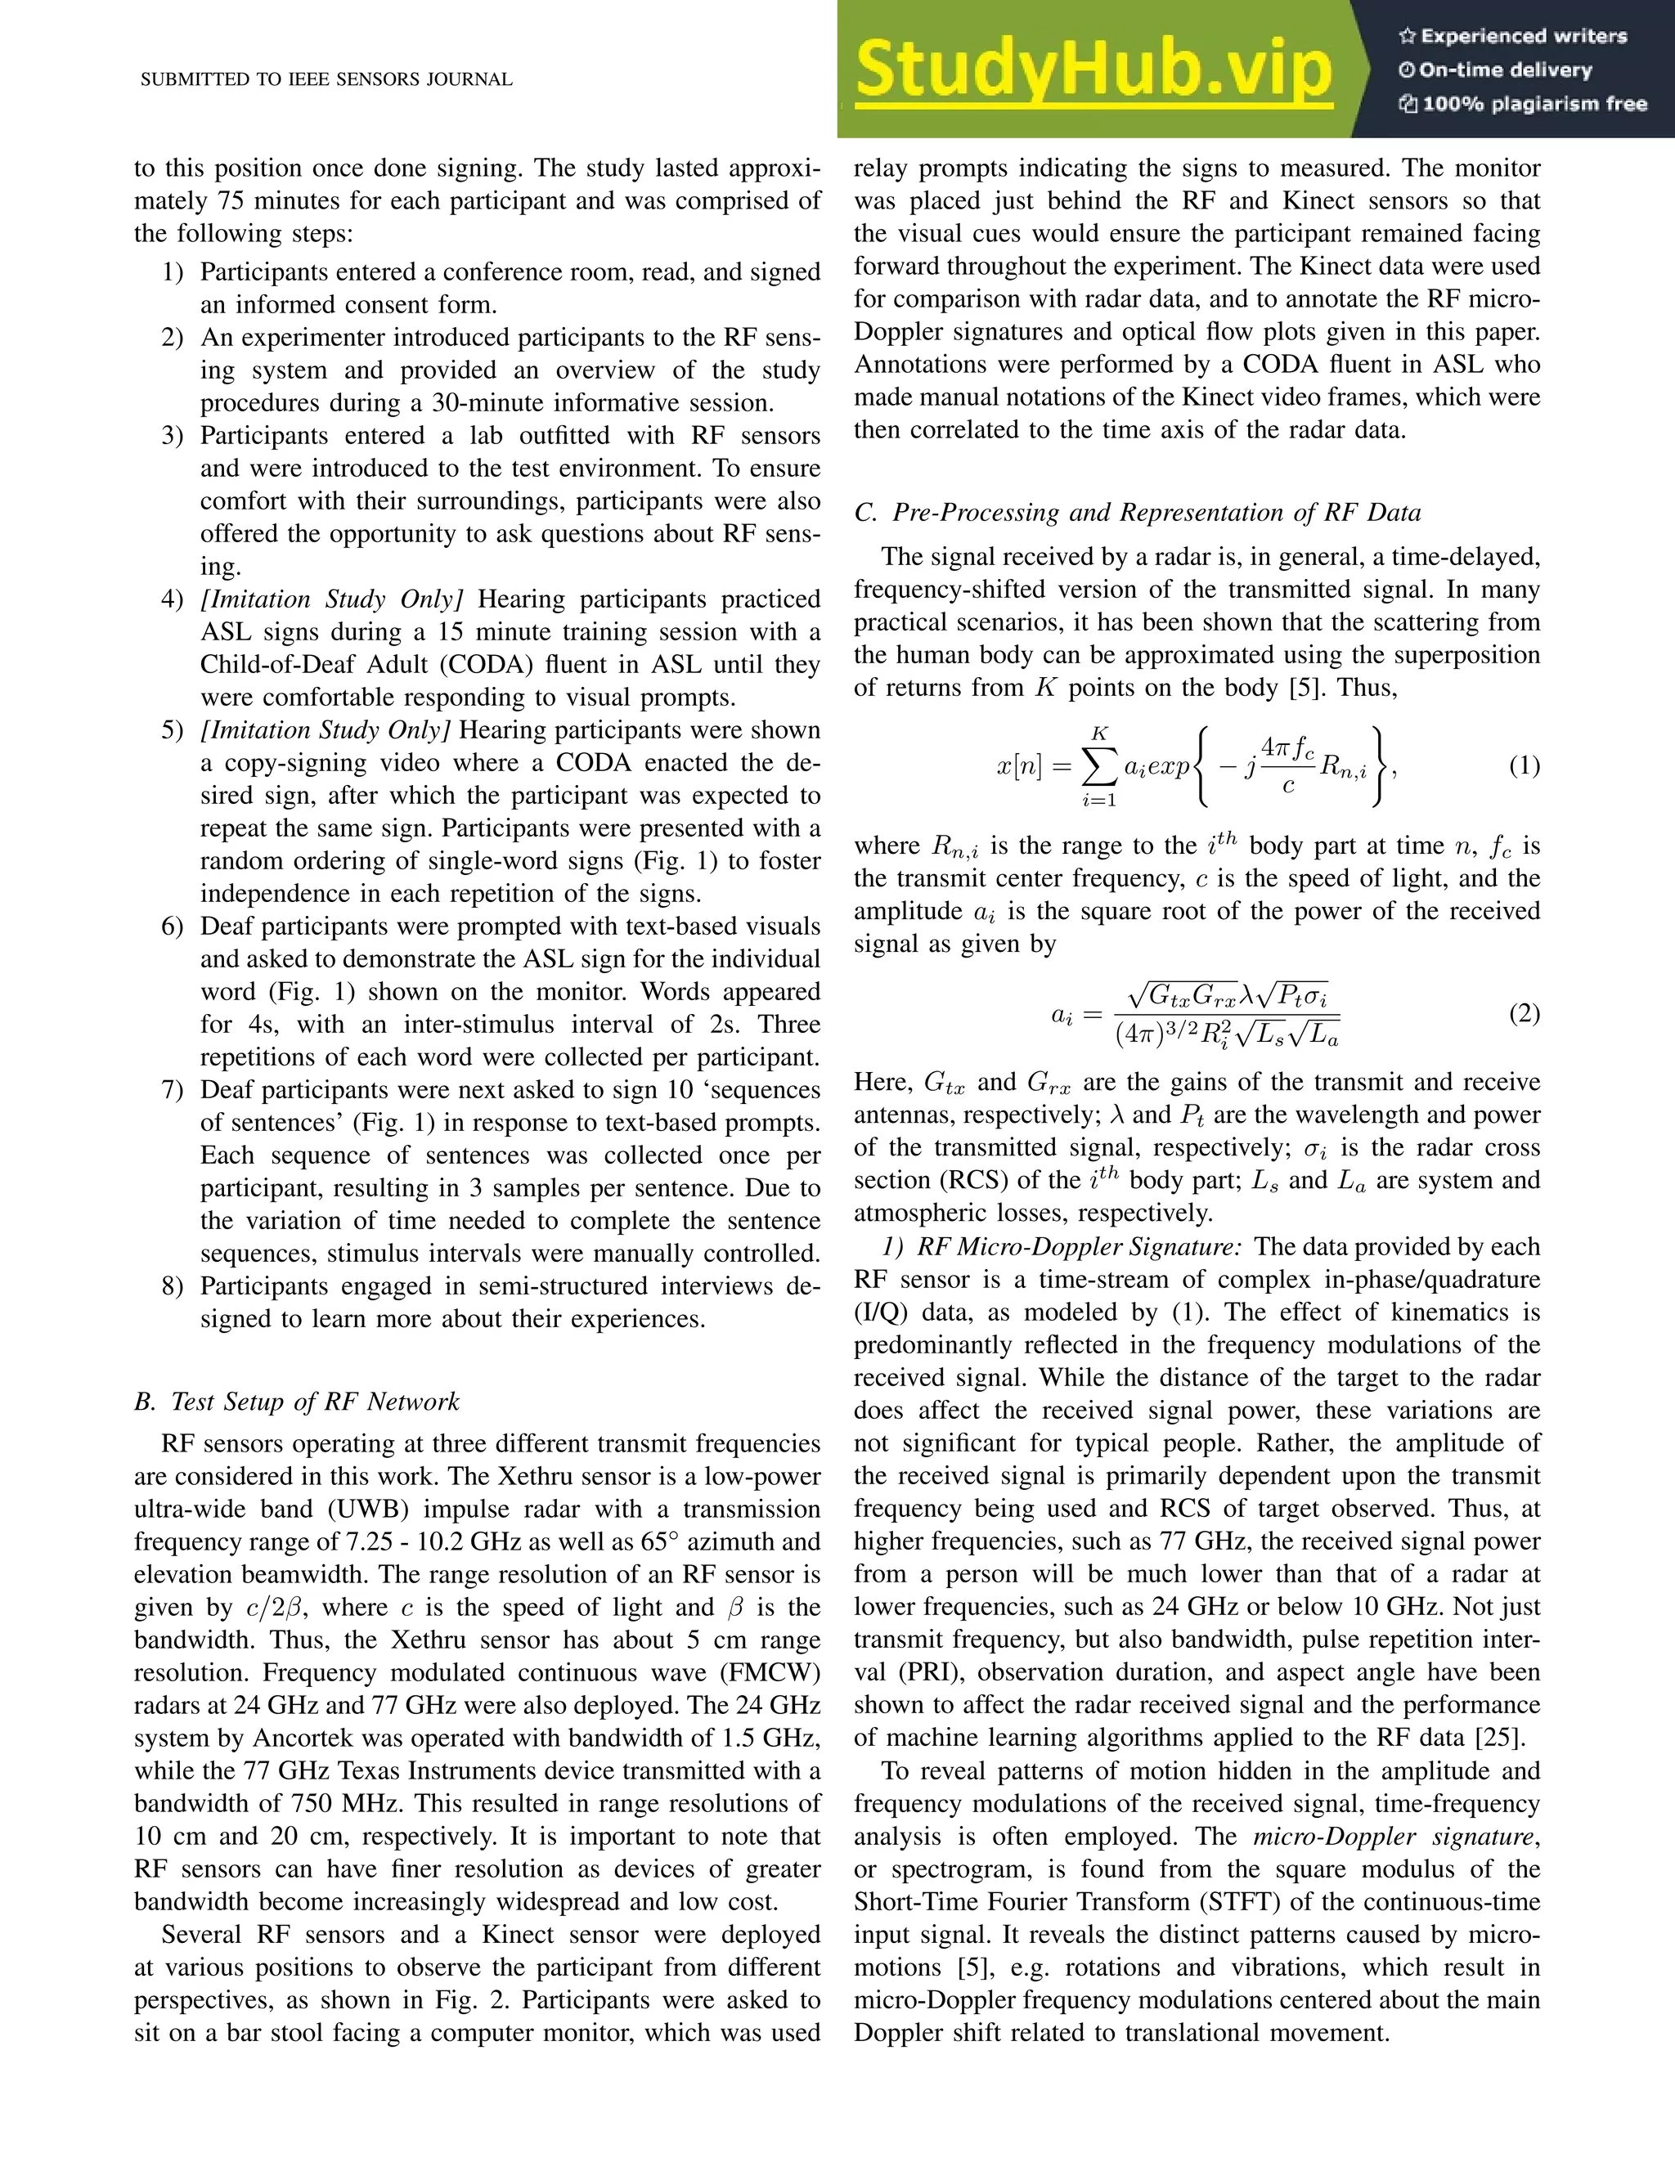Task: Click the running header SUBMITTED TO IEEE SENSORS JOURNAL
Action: (326, 79)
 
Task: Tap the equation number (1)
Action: (1523, 766)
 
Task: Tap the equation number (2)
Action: (1523, 1014)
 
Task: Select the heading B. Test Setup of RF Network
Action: (297, 1401)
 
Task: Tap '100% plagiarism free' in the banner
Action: (1534, 104)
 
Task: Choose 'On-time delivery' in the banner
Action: (1506, 70)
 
